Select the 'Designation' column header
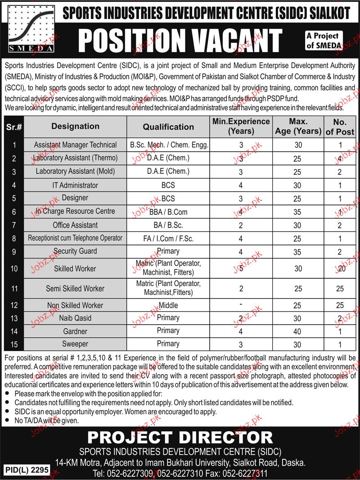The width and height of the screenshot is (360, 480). pyautogui.click(x=75, y=127)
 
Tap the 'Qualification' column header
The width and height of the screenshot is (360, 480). pyautogui.click(x=168, y=127)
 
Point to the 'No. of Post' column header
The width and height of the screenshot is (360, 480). pyautogui.click(x=340, y=127)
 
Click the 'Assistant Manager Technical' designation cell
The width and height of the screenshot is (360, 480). pyautogui.click(x=75, y=145)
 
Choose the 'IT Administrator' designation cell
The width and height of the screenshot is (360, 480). pyautogui.click(x=75, y=185)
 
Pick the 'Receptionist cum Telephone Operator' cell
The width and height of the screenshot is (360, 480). pyautogui.click(x=75, y=238)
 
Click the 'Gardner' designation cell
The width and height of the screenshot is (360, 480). pyautogui.click(x=75, y=331)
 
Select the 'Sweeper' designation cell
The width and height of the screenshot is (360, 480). pyautogui.click(x=75, y=344)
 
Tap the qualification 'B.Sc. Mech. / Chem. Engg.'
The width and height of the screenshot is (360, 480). pyautogui.click(x=168, y=145)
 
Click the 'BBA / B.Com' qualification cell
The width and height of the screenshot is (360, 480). pyautogui.click(x=168, y=212)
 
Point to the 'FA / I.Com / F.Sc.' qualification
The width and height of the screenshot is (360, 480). pyautogui.click(x=168, y=238)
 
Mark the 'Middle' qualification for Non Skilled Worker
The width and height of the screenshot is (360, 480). pyautogui.click(x=168, y=305)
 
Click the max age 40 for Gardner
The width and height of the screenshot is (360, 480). pyautogui.click(x=297, y=331)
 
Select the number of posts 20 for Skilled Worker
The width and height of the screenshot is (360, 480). pyautogui.click(x=340, y=268)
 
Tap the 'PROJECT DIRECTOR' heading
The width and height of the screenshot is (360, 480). pyautogui.click(x=180, y=436)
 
